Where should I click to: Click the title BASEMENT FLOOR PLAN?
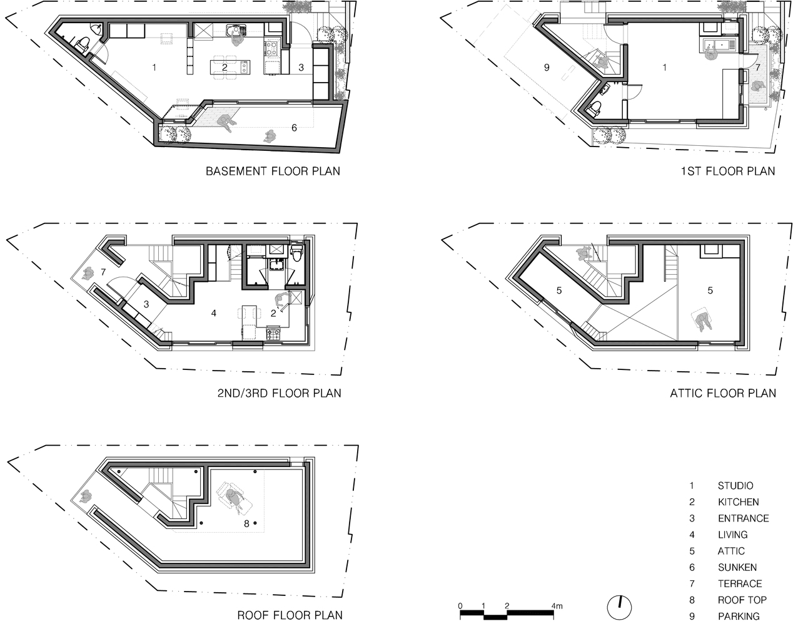point(273,172)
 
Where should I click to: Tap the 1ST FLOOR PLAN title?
point(728,172)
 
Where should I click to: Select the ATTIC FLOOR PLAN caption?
point(723,393)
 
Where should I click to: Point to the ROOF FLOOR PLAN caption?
point(290,615)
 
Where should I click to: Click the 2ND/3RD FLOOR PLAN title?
point(280,393)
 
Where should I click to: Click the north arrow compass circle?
point(619,608)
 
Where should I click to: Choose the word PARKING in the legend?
point(739,616)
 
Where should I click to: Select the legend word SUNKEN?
point(737,567)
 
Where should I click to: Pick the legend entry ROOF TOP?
point(742,600)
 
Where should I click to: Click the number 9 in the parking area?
point(547,68)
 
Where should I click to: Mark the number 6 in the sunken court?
point(294,128)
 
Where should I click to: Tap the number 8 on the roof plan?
point(246,523)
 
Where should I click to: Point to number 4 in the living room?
point(214,313)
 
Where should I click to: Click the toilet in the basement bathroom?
point(83,44)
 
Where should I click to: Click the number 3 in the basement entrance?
point(301,68)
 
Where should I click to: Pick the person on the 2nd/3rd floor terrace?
point(88,274)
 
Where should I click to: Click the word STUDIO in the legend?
point(735,486)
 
